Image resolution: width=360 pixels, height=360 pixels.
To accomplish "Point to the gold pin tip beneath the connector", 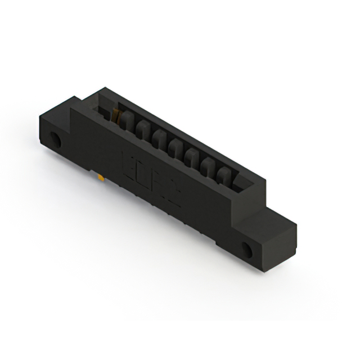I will click(100, 178).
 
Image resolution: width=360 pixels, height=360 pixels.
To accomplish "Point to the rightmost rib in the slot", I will click(224, 174).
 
